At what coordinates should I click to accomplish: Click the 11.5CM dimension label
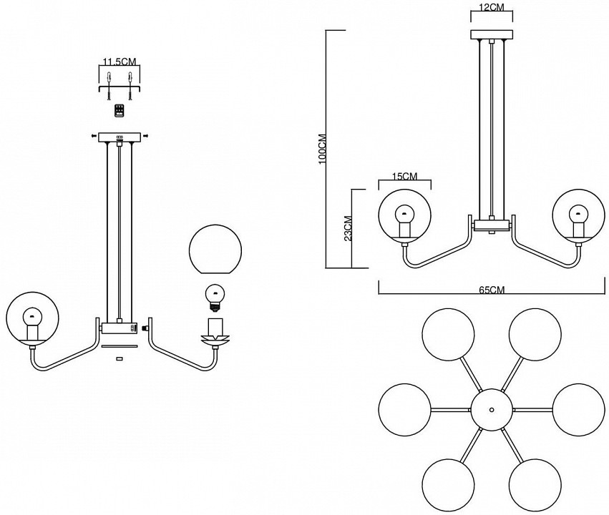(120, 61)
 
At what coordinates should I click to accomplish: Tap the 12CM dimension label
(492, 7)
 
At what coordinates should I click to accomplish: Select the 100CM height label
(323, 149)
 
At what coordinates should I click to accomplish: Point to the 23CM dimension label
(348, 229)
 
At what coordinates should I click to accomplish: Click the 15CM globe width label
(405, 177)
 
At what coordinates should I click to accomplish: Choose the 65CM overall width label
(492, 290)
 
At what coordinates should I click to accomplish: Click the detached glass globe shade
(215, 250)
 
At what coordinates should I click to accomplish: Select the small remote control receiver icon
(120, 110)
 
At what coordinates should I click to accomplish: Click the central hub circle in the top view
(492, 409)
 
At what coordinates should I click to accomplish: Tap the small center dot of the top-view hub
(492, 409)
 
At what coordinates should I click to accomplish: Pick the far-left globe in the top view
(405, 409)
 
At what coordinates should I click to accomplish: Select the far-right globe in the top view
(578, 409)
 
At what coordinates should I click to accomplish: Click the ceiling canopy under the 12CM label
(492, 34)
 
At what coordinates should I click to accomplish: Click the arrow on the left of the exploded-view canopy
(94, 135)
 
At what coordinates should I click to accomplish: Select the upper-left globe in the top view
(448, 334)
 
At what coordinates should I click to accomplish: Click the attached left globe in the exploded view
(32, 318)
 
